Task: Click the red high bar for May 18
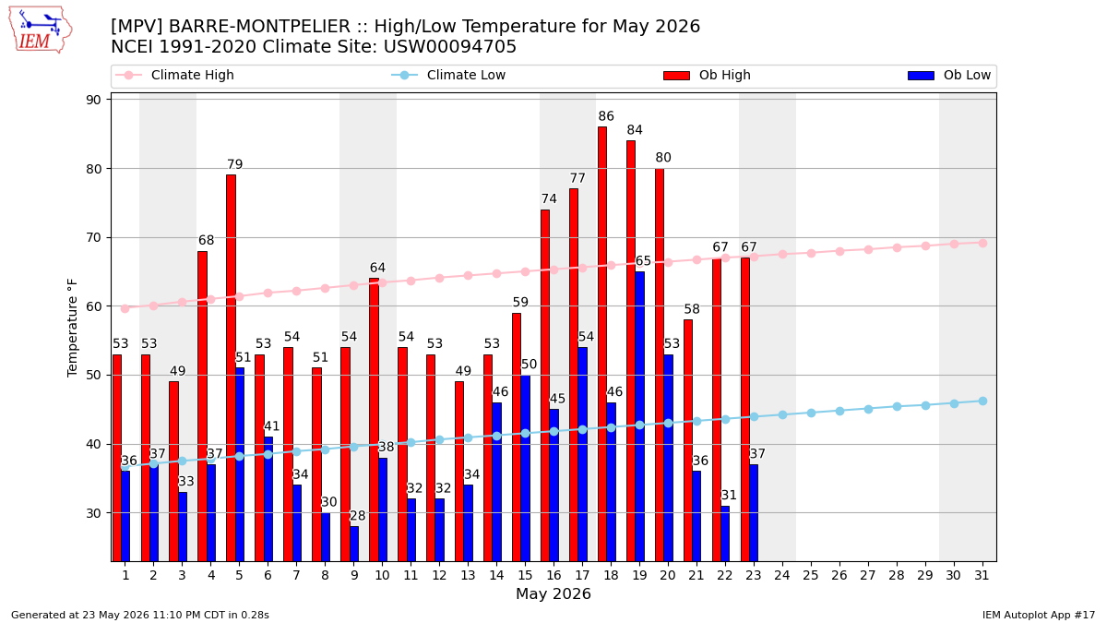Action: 601,344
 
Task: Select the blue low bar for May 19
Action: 639,416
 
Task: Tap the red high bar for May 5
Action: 231,368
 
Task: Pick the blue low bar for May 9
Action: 354,544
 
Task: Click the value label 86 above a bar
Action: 606,116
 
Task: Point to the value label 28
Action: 357,516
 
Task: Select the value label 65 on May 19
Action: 643,260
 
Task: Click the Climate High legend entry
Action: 174,75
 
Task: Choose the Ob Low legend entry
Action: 949,75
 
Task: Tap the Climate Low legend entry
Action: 448,75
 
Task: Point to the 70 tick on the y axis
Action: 93,238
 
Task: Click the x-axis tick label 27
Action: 868,575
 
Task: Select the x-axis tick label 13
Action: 468,575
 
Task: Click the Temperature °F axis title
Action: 72,328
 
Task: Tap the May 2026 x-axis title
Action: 553,593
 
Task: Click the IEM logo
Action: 40,30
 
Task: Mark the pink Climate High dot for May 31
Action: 982,244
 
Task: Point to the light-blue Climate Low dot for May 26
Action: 839,411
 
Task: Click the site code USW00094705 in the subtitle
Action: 450,47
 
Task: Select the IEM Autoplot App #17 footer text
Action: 1039,615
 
